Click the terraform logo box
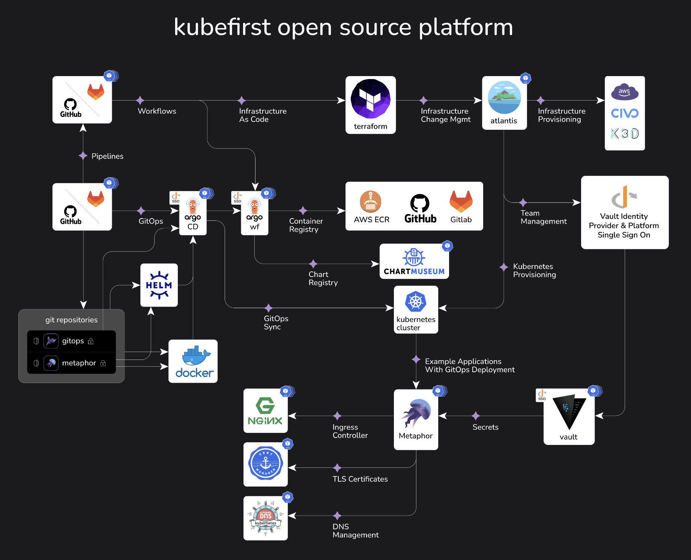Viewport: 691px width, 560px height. [370, 105]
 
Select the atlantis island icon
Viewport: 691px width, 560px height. [504, 98]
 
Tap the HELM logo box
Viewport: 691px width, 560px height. [159, 285]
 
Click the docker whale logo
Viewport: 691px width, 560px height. [195, 356]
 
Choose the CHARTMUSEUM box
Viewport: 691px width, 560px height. [414, 261]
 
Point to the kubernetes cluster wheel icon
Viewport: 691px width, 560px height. [416, 302]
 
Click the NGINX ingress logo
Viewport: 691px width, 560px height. [265, 411]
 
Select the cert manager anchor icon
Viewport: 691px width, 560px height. [265, 464]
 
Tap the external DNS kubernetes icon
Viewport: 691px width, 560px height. [265, 518]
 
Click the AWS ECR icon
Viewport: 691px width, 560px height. [371, 202]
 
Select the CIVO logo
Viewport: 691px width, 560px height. [625, 113]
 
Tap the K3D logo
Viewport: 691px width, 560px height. [625, 133]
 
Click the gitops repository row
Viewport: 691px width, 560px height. [71, 341]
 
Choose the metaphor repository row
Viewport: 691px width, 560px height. [71, 363]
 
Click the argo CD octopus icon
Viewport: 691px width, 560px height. [192, 206]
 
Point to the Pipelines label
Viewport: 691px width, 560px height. [107, 156]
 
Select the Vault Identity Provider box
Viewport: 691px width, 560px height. [625, 212]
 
